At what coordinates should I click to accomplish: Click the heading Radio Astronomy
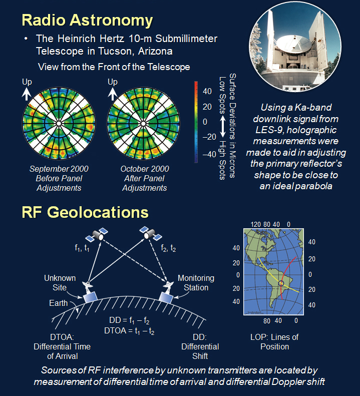pos(87,20)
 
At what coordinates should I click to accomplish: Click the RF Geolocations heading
pos(85,212)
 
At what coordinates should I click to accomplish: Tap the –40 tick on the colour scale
pos(209,154)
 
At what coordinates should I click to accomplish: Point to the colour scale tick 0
pos(205,122)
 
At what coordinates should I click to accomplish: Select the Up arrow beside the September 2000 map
pos(26,94)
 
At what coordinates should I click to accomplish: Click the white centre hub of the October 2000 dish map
pos(143,124)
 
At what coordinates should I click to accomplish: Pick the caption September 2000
pos(59,169)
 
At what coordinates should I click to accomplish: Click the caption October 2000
pos(145,169)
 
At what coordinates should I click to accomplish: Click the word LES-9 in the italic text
pos(269,130)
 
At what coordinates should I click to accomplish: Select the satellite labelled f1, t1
pos(97,235)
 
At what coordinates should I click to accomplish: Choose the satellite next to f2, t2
pos(151,233)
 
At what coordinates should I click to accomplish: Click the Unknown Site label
pos(60,282)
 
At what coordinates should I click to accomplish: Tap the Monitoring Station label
pos(196,282)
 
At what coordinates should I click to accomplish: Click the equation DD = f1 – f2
pos(129,320)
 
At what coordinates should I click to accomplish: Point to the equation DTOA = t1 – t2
pos(129,331)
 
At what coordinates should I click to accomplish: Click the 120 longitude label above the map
pos(256,224)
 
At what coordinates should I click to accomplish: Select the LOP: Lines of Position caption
pos(274,342)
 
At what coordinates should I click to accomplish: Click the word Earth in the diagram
pos(59,303)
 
